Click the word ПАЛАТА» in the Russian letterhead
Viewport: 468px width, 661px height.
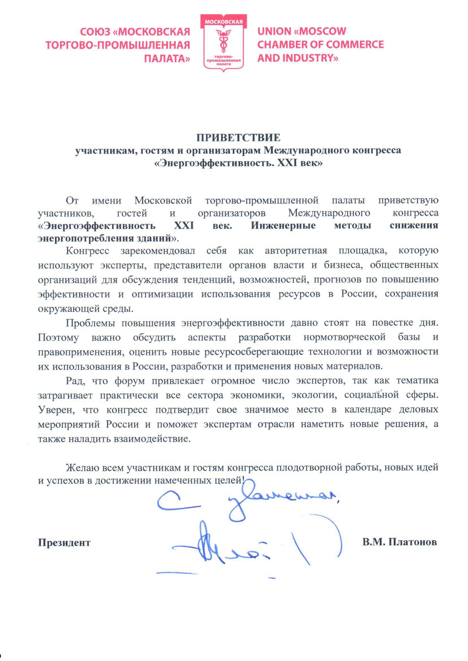pos(167,58)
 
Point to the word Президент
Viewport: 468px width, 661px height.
pos(64,543)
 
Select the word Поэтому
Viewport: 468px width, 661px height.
pos(58,337)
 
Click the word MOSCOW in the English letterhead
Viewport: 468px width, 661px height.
pos(322,31)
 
